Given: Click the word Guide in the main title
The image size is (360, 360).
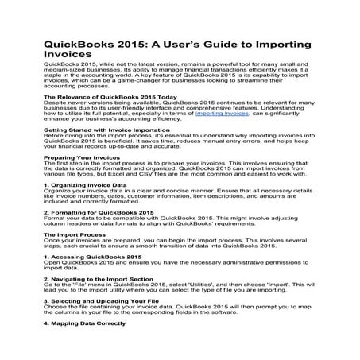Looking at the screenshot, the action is coord(215,43).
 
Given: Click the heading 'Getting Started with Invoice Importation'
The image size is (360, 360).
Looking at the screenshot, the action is coord(103,129).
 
